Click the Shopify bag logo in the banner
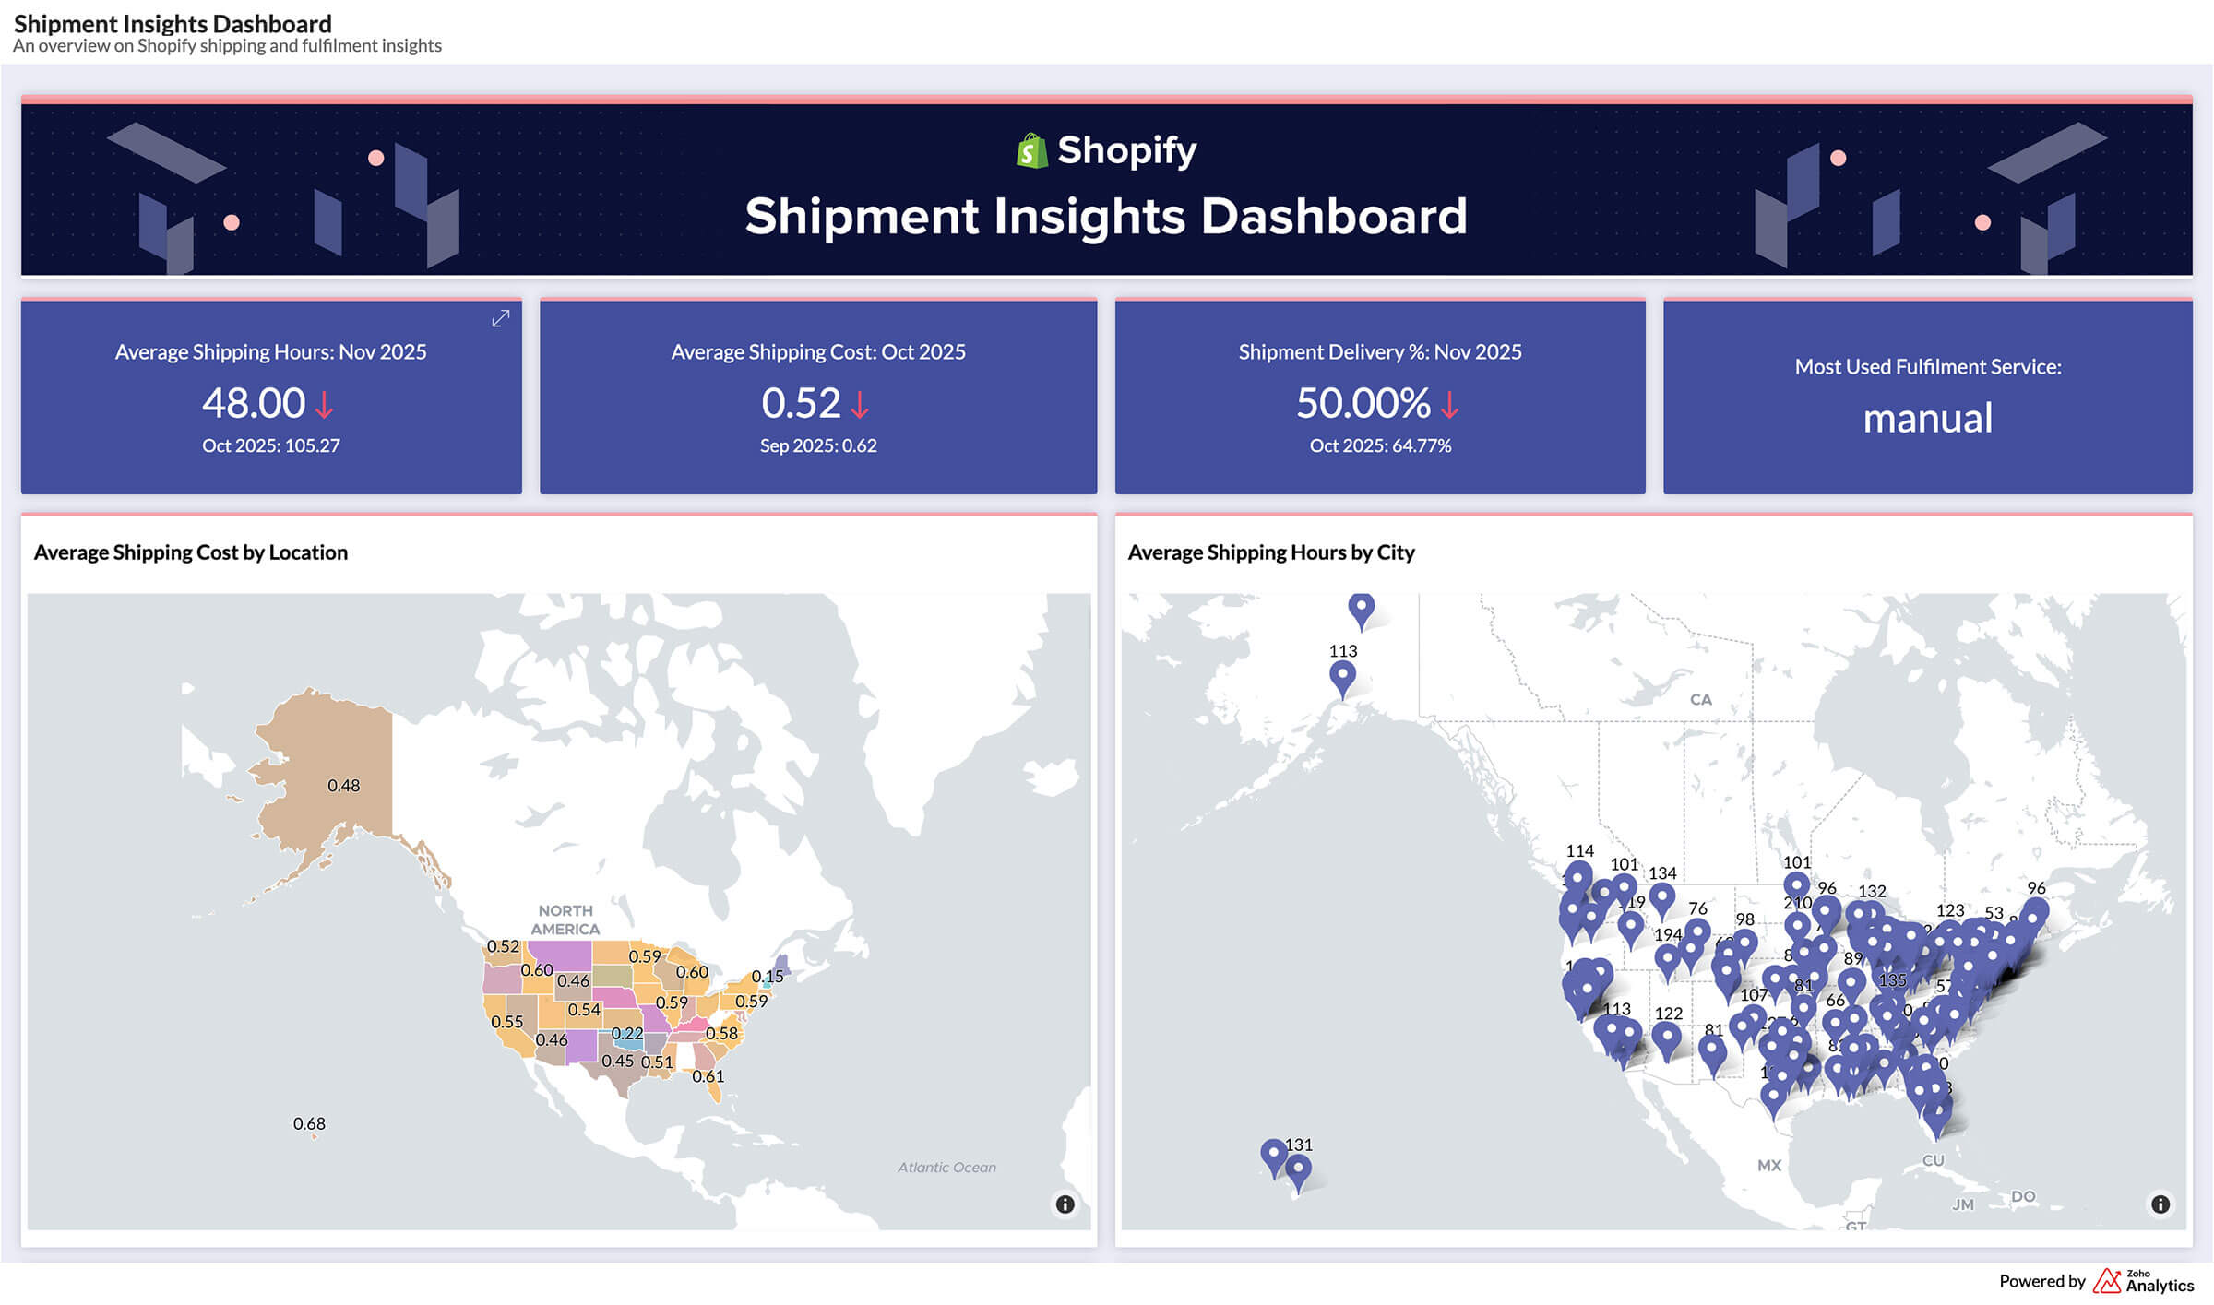tap(1031, 151)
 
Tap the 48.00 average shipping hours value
tap(254, 403)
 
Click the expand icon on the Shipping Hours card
tap(500, 318)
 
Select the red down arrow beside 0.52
tap(860, 405)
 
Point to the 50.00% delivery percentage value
tap(1363, 403)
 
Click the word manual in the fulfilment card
tap(1927, 419)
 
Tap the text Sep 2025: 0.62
tap(817, 445)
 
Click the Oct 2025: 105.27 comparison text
tap(270, 445)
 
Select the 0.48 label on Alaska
tap(343, 786)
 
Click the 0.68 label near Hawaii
tap(309, 1123)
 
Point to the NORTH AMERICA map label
tap(565, 919)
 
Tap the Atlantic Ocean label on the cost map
tap(946, 1167)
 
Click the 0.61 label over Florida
tap(708, 1076)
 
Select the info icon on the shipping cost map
tap(1065, 1204)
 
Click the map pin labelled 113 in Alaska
tap(1342, 677)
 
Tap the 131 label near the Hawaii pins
tap(1298, 1145)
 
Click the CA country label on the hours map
tap(1700, 699)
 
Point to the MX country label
tap(1768, 1165)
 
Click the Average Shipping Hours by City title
tap(1270, 552)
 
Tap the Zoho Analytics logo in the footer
tap(2142, 1281)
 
